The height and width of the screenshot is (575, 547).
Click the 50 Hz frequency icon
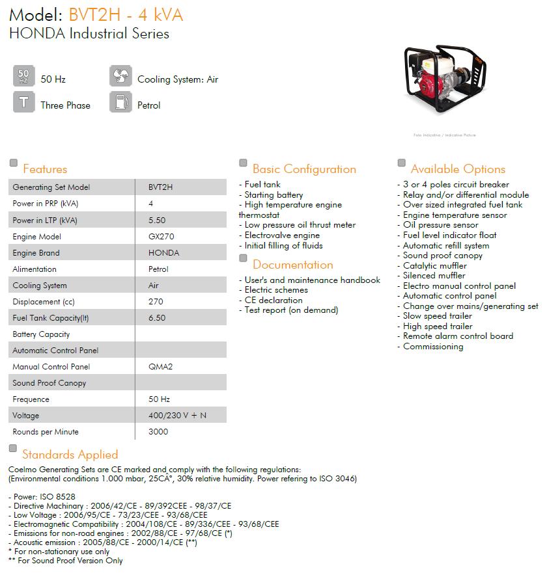(x=23, y=77)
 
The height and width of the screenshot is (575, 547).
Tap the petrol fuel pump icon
(x=120, y=103)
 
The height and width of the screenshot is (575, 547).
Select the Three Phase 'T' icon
(x=23, y=103)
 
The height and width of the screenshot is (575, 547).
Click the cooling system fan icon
(x=120, y=77)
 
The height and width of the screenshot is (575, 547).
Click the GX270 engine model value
(x=161, y=237)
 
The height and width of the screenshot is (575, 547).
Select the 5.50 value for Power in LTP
(x=157, y=221)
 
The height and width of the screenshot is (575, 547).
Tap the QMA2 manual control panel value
(x=160, y=367)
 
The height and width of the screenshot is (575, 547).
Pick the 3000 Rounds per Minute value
(x=158, y=432)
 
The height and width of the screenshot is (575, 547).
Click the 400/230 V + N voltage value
(x=177, y=416)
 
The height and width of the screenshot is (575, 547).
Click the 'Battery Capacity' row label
(x=41, y=334)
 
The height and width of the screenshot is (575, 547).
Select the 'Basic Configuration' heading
(x=304, y=169)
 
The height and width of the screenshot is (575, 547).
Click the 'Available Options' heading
(x=458, y=169)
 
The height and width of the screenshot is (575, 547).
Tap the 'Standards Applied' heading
(x=70, y=455)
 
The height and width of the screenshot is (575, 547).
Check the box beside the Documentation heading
(x=244, y=258)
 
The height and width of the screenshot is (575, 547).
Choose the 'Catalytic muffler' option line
(x=434, y=265)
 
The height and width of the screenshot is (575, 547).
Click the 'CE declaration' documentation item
(x=273, y=300)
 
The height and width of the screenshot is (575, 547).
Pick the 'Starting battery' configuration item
(x=273, y=194)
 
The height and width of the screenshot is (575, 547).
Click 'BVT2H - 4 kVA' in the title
(x=125, y=14)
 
